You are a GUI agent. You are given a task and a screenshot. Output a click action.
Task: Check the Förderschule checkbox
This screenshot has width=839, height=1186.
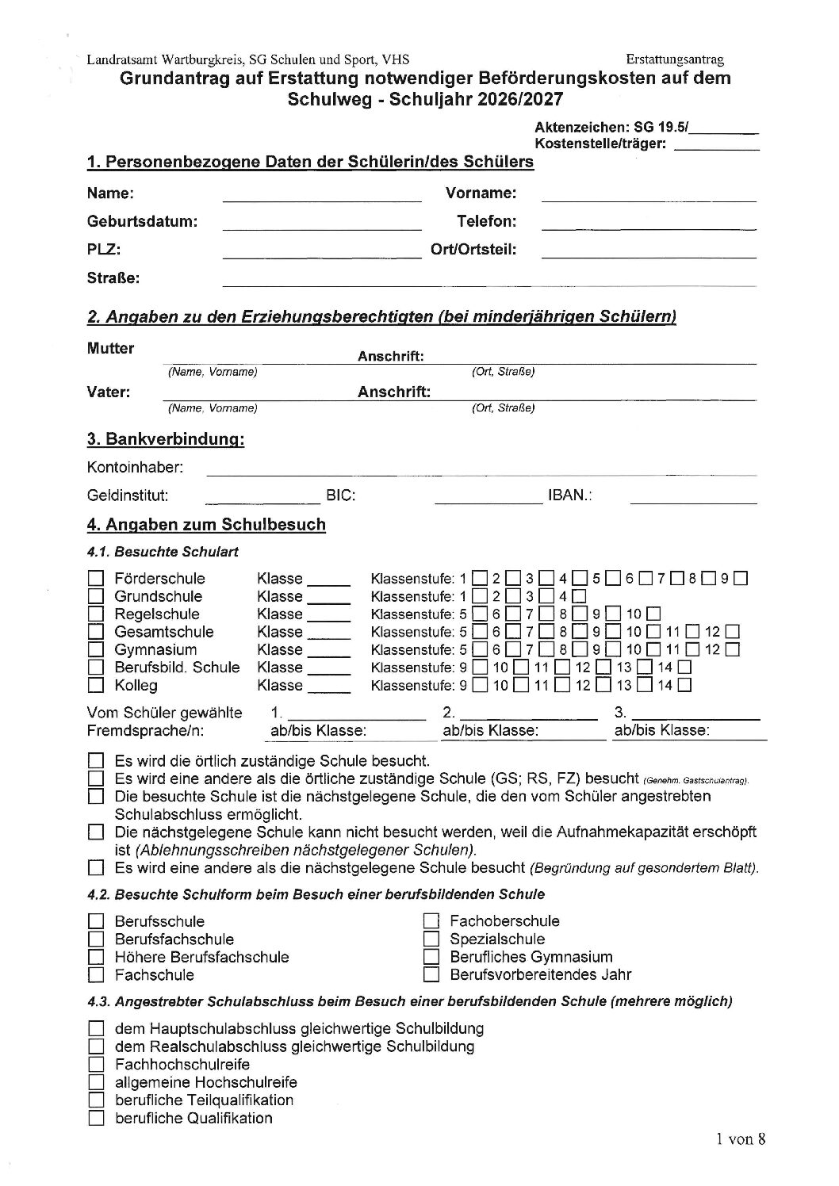(x=96, y=579)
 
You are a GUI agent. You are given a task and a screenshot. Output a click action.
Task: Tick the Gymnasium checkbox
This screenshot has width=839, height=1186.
(x=96, y=650)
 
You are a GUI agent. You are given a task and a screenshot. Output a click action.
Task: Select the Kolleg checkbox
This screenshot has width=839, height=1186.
(x=96, y=686)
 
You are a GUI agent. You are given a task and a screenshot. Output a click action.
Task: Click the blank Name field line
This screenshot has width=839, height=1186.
(x=321, y=195)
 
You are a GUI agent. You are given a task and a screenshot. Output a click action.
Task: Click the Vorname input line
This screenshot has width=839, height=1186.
(x=648, y=195)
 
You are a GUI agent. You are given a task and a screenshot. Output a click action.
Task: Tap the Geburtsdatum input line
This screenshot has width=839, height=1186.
(x=321, y=223)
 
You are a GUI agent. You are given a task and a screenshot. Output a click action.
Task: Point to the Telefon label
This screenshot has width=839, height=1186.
(x=485, y=221)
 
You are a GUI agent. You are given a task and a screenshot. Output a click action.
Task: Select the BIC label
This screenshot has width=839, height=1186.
(x=340, y=496)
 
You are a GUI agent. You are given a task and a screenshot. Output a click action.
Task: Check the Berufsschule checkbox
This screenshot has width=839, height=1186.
(x=96, y=921)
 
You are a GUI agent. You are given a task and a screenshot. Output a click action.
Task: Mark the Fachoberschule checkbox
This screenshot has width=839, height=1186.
(x=431, y=921)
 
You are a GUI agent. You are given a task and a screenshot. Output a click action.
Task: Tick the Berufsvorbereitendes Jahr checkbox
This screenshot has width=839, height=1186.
(x=431, y=974)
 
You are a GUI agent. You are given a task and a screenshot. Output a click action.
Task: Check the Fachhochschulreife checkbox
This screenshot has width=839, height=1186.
(x=96, y=1065)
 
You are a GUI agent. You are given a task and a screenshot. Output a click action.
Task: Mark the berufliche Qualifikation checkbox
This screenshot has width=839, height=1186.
(x=96, y=1119)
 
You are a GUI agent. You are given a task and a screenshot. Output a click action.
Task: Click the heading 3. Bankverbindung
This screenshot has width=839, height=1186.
(x=165, y=440)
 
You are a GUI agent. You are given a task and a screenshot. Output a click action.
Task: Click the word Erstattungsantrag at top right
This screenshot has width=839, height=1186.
(x=674, y=59)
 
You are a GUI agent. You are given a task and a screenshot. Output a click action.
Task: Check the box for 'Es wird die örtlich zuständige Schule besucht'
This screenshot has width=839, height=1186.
(x=96, y=760)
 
